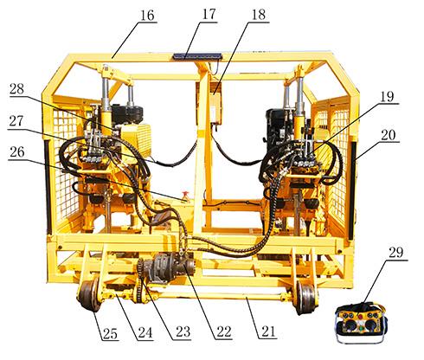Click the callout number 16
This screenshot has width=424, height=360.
[x=147, y=16]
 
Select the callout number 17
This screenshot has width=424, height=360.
[x=209, y=15]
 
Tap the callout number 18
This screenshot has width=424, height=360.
[x=259, y=15]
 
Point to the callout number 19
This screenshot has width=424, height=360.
[x=387, y=96]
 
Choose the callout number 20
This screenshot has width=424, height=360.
[x=389, y=135]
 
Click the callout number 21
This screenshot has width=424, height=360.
[x=268, y=331]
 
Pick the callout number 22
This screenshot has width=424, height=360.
[x=224, y=332]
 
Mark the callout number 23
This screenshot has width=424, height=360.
[x=183, y=332]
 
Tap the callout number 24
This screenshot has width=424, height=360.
[x=145, y=332]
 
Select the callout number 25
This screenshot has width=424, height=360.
[x=110, y=334]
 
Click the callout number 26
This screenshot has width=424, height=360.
[x=17, y=152]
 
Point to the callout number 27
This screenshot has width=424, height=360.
[x=16, y=121]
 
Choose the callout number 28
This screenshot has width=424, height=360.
[x=16, y=89]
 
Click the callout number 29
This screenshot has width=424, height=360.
[x=395, y=253]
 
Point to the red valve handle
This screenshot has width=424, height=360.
[x=184, y=194]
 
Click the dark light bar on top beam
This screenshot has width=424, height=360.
[x=197, y=56]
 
